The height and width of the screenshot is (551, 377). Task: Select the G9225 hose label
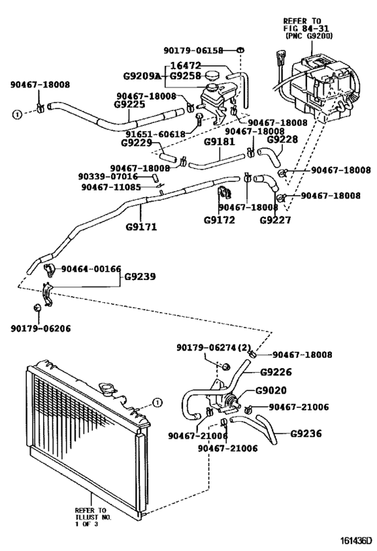point(131,105)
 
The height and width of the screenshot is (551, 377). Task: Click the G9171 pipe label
point(141,227)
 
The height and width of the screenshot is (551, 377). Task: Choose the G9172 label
point(219,219)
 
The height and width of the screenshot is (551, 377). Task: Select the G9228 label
point(282,139)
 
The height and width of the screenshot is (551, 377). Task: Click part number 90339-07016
point(108,176)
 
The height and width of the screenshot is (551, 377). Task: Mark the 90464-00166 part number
point(91,268)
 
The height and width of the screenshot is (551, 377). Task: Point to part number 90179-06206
point(40,329)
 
